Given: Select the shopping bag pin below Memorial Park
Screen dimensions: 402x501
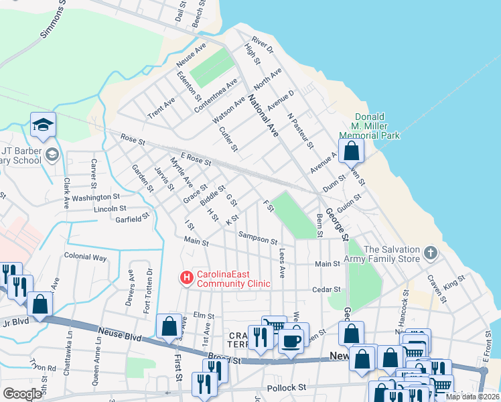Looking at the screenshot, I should coord(351,152).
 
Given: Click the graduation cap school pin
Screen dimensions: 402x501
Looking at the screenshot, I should coord(43,125).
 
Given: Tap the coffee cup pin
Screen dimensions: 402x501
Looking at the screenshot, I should coord(291,340).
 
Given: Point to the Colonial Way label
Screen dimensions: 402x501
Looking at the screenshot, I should coord(85,257).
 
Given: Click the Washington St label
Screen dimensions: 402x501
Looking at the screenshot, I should coord(96,198).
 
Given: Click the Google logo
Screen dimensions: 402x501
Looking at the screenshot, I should coord(22,394).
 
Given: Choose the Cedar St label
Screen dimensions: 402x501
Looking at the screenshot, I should coord(328,289).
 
